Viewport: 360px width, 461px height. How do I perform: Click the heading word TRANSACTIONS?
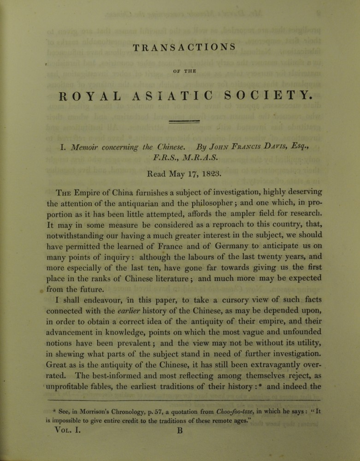point(184,47)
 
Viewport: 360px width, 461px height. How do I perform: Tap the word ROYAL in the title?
point(89,96)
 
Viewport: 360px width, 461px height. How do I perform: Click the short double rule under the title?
point(184,122)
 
